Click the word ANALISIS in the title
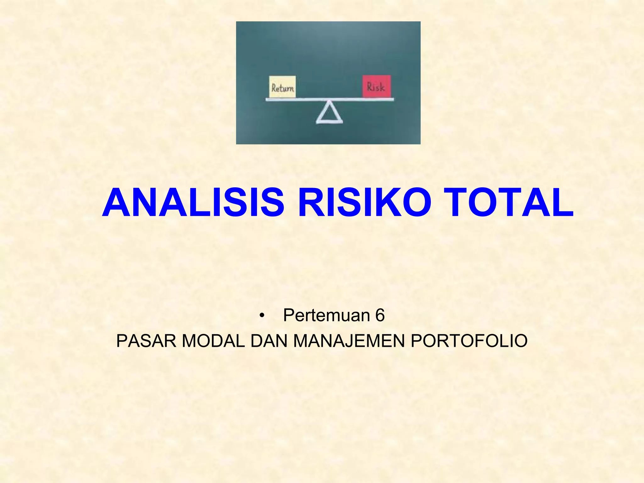point(193,203)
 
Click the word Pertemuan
point(326,315)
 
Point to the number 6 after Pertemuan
point(380,315)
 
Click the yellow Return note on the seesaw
point(282,86)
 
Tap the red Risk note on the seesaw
point(376,86)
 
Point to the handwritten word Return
point(283,88)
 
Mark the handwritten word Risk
point(376,87)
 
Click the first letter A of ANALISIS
point(116,203)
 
